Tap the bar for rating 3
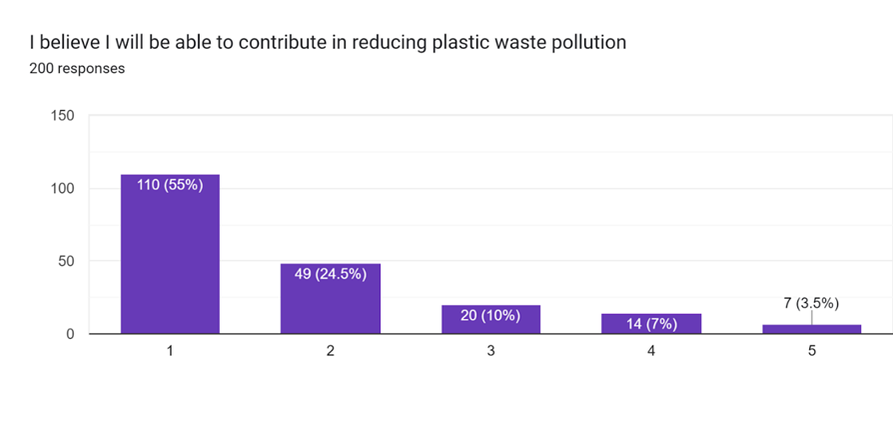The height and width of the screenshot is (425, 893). pos(490,326)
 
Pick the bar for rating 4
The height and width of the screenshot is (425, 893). pos(650,326)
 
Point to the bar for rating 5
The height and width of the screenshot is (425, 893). pos(810,329)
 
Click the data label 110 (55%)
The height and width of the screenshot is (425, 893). pos(170,185)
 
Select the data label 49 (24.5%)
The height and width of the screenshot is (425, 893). pos(331,274)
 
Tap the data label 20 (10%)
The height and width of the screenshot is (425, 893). pos(490,316)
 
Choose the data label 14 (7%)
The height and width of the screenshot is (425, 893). pos(650,324)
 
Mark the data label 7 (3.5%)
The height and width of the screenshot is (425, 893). pos(810,303)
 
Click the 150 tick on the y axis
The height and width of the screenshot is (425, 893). pos(62,116)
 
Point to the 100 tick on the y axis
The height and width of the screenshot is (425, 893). pos(62,189)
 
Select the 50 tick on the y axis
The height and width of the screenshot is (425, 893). pos(66,262)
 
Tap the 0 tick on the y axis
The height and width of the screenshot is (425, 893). pos(70,334)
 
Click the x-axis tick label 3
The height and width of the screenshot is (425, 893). pos(490,352)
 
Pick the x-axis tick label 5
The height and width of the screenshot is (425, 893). pos(810,352)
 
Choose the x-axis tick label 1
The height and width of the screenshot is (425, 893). pos(170,352)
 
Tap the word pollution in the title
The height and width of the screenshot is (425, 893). pos(594,43)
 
